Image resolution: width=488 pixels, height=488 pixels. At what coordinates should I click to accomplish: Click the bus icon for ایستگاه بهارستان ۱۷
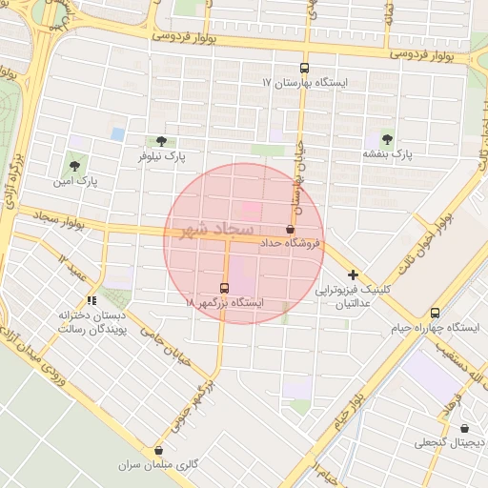(304, 68)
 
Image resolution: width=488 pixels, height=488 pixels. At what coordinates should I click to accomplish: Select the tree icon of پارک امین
(74, 166)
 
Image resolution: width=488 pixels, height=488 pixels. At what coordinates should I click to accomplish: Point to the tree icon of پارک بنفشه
(387, 137)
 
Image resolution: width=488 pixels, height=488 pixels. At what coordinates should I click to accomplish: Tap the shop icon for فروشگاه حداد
(290, 229)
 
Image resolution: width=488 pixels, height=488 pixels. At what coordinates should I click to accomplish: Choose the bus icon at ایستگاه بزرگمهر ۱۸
(225, 287)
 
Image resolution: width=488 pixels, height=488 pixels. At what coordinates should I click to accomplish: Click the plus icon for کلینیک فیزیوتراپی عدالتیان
(353, 274)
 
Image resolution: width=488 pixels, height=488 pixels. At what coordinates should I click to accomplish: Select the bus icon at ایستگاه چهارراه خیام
(436, 313)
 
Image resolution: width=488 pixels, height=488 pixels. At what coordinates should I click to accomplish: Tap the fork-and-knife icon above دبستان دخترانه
(91, 301)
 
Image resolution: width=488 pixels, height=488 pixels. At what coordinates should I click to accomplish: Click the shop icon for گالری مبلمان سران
(158, 450)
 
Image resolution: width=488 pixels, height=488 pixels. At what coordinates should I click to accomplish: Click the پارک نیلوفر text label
(161, 155)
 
